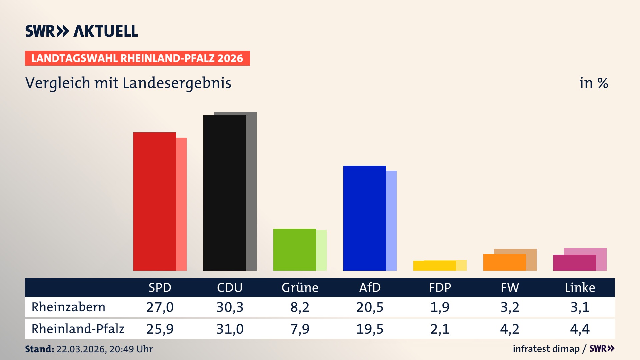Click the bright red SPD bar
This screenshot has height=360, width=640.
point(155,201)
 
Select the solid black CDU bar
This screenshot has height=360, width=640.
point(225,193)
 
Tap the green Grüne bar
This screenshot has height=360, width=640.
point(295,250)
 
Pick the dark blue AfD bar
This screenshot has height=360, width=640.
point(365,218)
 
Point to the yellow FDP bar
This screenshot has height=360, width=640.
point(435,266)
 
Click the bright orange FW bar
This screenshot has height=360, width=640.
point(505,262)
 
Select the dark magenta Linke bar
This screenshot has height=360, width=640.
point(575,263)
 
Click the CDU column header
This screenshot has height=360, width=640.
point(230,288)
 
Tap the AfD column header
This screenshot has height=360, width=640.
point(370,288)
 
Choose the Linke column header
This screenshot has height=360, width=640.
point(580,288)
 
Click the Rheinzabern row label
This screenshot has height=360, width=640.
point(68,307)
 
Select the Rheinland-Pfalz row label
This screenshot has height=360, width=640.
point(78,329)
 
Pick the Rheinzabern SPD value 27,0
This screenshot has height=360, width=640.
point(160,307)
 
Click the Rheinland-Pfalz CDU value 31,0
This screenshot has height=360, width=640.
point(230,329)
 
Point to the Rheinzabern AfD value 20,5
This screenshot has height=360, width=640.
point(370,307)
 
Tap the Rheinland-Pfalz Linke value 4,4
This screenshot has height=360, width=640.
point(580,329)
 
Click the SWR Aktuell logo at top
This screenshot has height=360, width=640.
point(82,31)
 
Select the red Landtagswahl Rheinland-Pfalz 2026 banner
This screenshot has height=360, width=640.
point(137,58)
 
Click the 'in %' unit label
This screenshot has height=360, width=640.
point(593,83)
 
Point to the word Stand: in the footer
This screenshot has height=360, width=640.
point(39,349)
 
